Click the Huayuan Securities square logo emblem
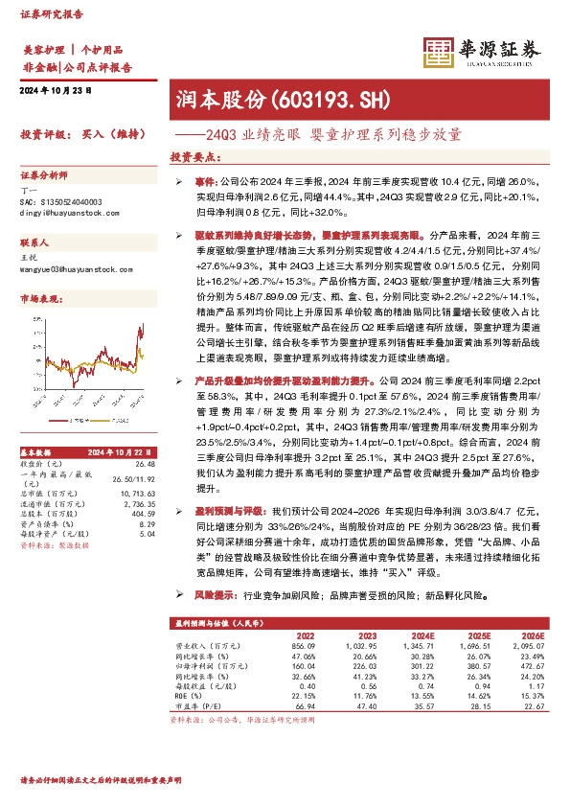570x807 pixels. pos(438,53)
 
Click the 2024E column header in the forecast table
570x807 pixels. pos(424,635)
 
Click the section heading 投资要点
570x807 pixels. pos(191,156)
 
